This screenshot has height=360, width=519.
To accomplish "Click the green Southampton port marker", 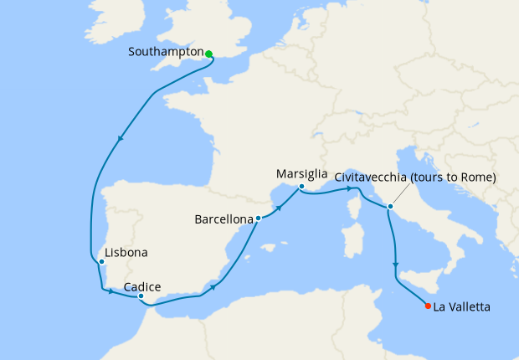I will click(208, 54).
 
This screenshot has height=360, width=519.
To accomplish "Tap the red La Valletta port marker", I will click(429, 306).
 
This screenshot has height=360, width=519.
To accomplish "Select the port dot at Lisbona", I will click(101, 262).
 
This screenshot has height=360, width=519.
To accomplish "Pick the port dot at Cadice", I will click(141, 296).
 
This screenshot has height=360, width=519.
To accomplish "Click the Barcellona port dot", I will click(258, 219).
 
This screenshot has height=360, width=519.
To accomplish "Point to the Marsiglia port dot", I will click(301, 187).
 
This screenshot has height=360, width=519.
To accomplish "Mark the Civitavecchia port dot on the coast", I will click(390, 206).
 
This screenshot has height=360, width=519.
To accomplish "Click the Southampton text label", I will click(167, 52).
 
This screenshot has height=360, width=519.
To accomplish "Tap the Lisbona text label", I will click(126, 252).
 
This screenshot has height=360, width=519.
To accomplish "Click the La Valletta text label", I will click(461, 307).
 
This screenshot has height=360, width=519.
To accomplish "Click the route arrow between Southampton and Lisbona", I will click(122, 139).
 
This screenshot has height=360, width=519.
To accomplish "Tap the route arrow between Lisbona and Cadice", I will click(110, 291).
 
